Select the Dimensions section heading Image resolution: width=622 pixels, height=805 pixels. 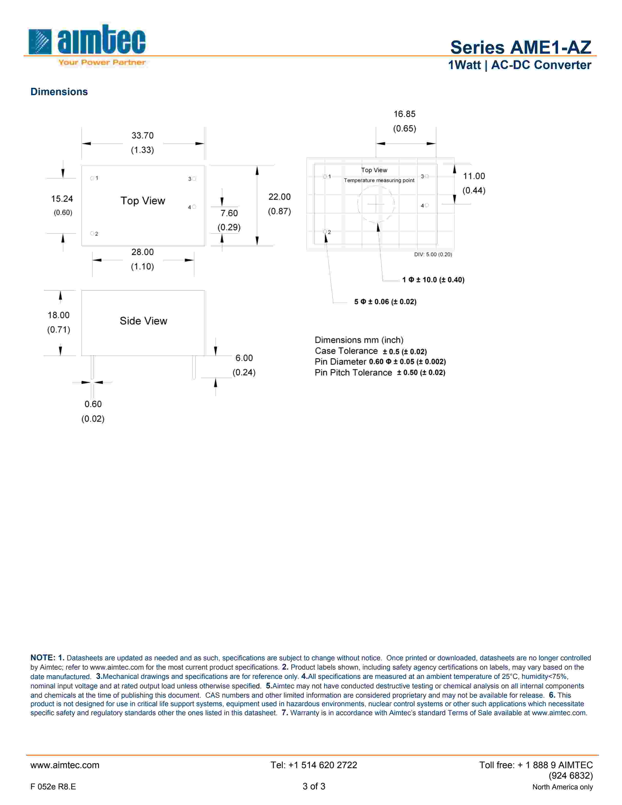coord(59,92)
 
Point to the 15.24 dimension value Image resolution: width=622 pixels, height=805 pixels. coord(62,199)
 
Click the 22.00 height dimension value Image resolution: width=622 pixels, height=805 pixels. coord(279,197)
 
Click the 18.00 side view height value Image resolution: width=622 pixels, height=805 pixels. coord(59,315)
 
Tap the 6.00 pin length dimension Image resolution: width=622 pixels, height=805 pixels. coord(244,358)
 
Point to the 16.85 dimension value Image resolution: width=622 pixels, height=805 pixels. coord(404,114)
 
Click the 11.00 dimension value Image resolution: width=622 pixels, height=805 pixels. coord(474,176)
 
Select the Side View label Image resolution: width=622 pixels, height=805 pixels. coord(143,321)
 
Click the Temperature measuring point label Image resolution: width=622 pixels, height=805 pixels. coord(379,180)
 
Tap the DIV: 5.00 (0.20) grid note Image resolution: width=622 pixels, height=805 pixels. coord(433,254)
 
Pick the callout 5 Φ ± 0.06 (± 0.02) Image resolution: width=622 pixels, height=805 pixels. coord(385,302)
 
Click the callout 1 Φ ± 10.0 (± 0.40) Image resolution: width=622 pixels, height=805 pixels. coord(433,280)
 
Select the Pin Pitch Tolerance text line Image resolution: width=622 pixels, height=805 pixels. coord(380,373)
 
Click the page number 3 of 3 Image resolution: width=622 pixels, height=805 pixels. coord(314,786)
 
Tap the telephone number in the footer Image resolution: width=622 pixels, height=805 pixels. coord(314,765)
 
